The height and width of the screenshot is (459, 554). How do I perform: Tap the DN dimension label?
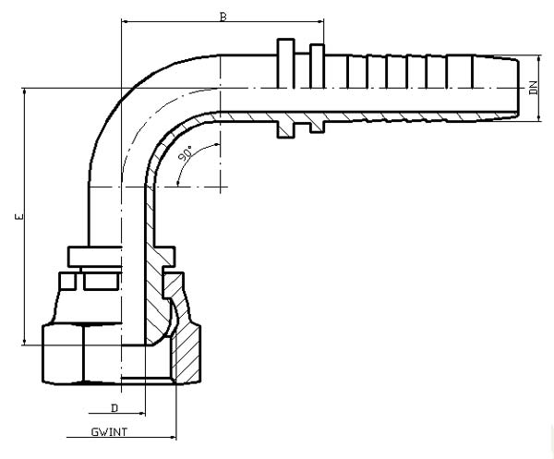[533, 89]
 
